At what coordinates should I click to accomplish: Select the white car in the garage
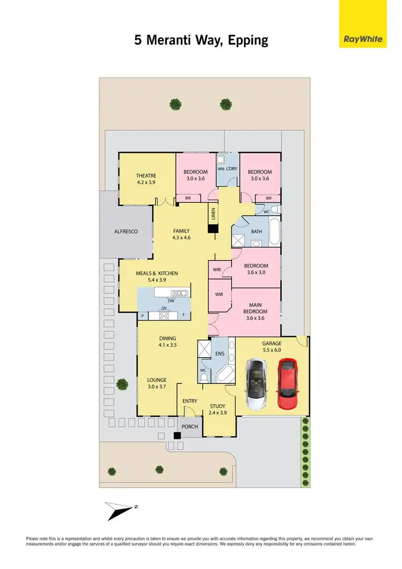coord(255,383)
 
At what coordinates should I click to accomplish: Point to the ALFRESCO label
coord(126,231)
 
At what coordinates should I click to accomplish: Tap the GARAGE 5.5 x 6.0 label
coord(271,346)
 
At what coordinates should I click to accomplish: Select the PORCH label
coord(190,427)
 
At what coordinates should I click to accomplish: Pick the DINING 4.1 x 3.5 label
coord(167,342)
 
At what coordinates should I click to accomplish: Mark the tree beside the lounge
coord(122,383)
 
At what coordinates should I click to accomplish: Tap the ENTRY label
coord(190,401)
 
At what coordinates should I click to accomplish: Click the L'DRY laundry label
coord(232,169)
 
